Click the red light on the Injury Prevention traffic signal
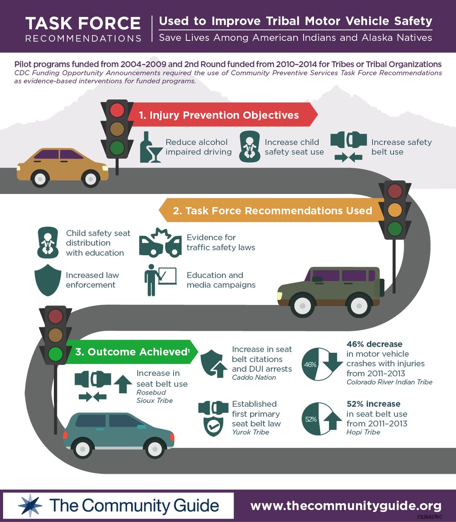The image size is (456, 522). coord(117,110)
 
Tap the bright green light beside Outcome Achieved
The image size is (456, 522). coord(56,354)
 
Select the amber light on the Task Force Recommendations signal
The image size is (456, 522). coord(395,210)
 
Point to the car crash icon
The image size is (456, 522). coord(160,243)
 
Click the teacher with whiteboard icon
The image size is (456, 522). coord(160,279)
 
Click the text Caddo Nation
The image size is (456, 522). coord(254,378)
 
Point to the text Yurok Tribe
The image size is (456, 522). coord(250,432)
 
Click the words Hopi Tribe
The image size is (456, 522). coord(363,432)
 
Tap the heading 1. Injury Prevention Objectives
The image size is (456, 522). coord(219,115)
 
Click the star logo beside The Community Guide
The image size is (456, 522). coord(30,506)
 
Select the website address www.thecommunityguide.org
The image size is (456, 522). coord(346,506)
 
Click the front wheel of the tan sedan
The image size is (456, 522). coord(91,178)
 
